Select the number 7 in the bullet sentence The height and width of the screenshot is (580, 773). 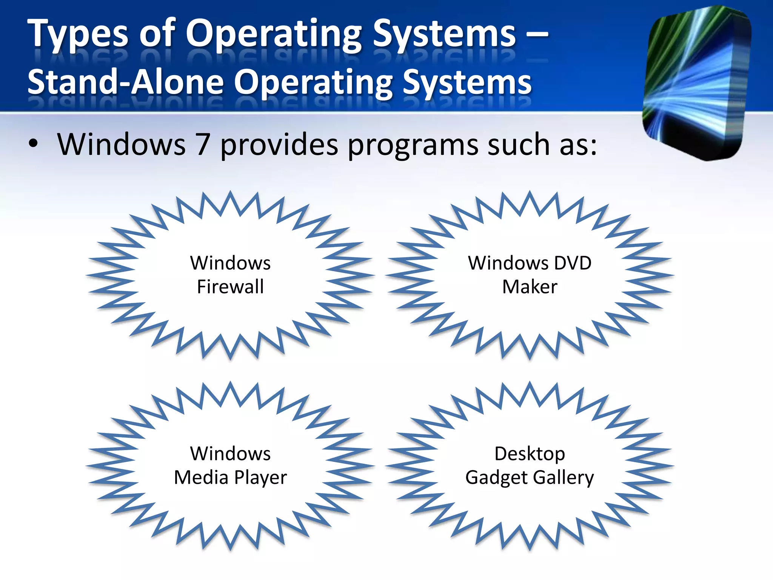(203, 145)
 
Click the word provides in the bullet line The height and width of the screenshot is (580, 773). (279, 145)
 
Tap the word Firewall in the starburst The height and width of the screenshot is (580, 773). (230, 287)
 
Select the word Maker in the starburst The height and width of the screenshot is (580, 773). (530, 287)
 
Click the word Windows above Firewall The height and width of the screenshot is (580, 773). (230, 263)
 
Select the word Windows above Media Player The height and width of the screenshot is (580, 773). (230, 454)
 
